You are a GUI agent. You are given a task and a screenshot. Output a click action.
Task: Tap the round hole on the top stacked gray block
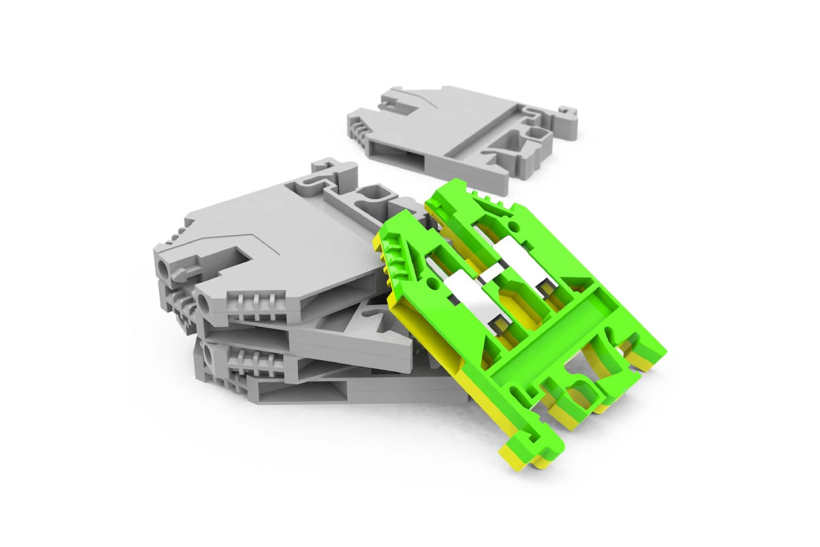163,267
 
